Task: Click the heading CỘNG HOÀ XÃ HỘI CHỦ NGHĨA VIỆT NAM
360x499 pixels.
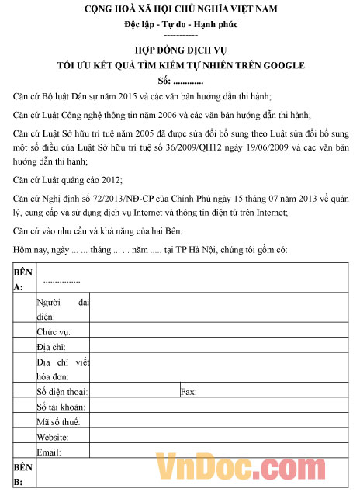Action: (x=181, y=10)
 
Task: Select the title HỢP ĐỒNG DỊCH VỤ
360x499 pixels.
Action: (x=181, y=52)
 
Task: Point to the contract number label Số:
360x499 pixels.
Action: (x=164, y=81)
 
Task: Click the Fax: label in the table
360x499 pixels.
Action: (x=189, y=392)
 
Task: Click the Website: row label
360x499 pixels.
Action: (x=53, y=437)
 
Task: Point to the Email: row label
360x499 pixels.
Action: (x=48, y=452)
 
